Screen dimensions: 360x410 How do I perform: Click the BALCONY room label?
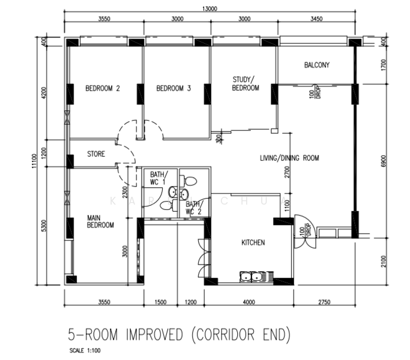click(316, 65)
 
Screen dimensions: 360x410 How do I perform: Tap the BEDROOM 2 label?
click(102, 88)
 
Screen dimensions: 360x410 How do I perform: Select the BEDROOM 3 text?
click(173, 88)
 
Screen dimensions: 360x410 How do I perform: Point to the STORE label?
click(96, 154)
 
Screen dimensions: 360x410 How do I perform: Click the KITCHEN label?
click(253, 243)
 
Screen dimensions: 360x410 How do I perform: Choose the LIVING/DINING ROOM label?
click(289, 158)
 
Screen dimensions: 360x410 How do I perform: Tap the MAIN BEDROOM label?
click(100, 221)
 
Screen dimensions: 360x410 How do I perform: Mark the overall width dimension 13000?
click(210, 8)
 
